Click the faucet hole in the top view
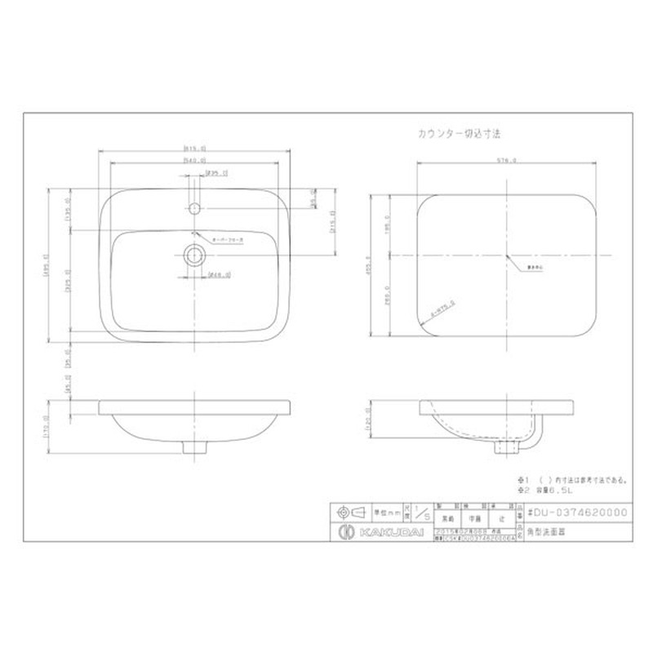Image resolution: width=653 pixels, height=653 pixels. (x=194, y=209)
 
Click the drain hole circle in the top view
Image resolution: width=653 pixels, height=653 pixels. (x=194, y=255)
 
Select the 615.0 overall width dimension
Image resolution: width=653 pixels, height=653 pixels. (x=193, y=149)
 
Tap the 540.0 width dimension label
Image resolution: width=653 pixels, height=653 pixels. (x=193, y=161)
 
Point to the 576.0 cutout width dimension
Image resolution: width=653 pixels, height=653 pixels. (x=506, y=161)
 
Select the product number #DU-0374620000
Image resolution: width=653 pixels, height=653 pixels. (x=578, y=512)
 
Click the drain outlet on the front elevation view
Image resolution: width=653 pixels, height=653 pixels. (x=193, y=446)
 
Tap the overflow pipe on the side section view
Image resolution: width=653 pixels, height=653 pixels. (x=535, y=437)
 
